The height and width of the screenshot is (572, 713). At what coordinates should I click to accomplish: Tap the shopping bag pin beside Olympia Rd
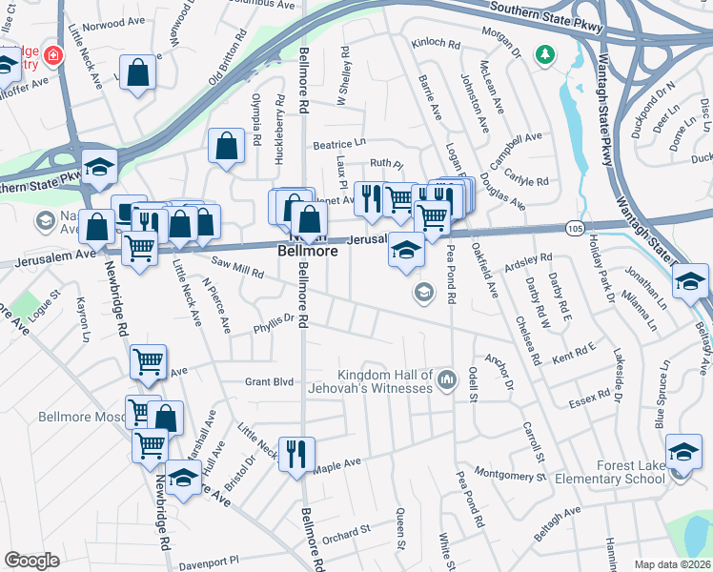point(227,146)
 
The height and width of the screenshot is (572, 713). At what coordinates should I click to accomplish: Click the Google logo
point(31,561)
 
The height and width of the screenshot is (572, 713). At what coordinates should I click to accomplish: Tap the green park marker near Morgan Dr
point(544,55)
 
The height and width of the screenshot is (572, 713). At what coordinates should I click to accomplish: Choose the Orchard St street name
point(345,531)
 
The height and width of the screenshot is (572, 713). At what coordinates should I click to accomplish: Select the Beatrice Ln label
point(339,143)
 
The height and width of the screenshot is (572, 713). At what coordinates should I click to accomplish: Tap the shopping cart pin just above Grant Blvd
point(148,360)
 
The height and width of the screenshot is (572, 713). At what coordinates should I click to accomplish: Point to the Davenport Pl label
point(217,560)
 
